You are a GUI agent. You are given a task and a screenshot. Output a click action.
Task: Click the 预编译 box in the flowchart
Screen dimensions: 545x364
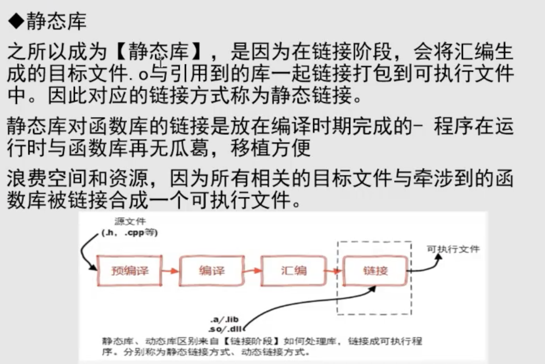(130, 271)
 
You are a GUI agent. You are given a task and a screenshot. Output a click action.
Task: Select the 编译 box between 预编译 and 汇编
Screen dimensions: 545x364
(212, 271)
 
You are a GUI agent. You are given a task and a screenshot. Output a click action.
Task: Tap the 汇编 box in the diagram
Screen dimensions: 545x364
(294, 271)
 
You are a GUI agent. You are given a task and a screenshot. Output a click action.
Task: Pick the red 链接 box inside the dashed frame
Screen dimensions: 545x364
(375, 271)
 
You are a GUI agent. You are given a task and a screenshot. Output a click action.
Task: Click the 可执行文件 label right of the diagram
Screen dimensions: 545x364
(453, 249)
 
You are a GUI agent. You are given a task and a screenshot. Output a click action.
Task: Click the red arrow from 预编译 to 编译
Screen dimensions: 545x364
(171, 271)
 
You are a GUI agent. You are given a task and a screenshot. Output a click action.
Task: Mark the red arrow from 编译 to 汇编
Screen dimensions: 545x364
(252, 271)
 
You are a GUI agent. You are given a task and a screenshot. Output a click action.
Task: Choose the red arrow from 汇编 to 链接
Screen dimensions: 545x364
(334, 271)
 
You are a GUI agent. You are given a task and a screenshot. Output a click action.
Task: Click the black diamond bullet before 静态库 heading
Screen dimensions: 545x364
(17, 22)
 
